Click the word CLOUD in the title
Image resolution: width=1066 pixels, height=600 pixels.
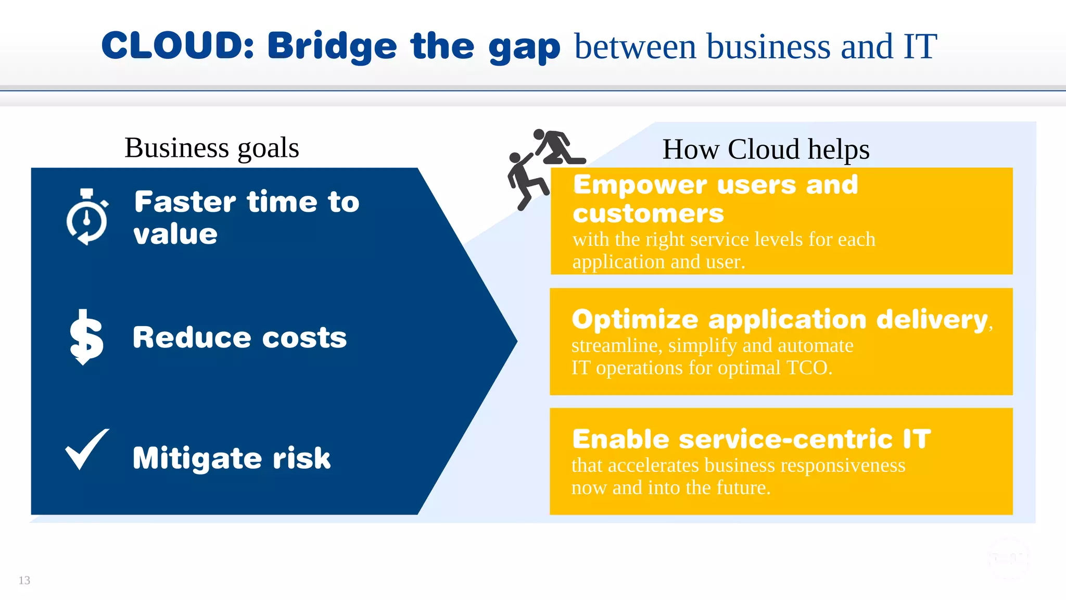[x=177, y=46]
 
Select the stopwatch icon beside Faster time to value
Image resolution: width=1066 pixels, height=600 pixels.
[x=87, y=217]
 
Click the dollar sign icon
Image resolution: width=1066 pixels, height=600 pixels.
[x=86, y=337]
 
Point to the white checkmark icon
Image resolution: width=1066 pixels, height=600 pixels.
[x=87, y=449]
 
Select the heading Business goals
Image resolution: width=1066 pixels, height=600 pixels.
[x=212, y=148]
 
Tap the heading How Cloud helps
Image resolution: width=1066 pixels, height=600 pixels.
[x=766, y=149]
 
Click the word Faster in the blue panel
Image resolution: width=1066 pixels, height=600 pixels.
[x=185, y=202]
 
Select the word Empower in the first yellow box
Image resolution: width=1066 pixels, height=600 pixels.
[x=640, y=185]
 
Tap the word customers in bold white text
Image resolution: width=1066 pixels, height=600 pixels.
[x=648, y=214]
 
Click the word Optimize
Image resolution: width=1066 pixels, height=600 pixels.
[x=634, y=319]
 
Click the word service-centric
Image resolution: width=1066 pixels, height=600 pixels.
[x=785, y=439]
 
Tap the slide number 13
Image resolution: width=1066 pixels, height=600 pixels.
[x=24, y=580]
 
